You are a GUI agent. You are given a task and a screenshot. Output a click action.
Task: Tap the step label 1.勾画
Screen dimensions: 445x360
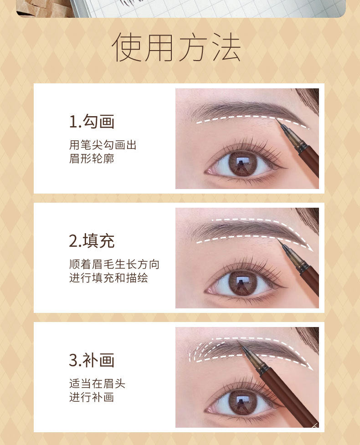[92, 122]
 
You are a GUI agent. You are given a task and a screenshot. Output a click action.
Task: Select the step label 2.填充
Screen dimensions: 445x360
[92, 241]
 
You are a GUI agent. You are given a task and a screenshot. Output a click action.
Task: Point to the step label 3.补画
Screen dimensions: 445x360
[92, 360]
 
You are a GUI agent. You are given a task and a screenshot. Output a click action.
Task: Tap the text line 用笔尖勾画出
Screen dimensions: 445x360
[103, 145]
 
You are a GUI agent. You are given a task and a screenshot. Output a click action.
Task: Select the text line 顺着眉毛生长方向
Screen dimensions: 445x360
[114, 265]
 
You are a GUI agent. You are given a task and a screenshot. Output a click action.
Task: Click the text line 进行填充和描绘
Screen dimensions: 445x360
[108, 278]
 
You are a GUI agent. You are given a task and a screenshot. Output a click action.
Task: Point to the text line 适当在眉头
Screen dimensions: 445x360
[97, 384]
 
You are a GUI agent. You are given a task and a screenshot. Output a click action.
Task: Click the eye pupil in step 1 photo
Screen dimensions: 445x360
[242, 164]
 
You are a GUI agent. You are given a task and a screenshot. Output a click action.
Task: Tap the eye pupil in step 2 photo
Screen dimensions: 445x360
[242, 282]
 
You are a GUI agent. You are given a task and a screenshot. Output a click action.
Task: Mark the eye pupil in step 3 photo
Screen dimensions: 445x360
[242, 401]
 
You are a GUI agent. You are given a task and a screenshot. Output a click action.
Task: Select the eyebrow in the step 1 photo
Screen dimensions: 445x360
[242, 109]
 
